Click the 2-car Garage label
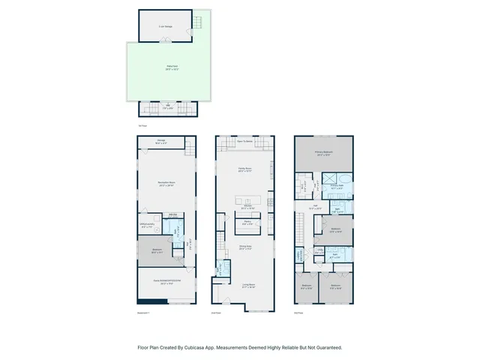[161, 26]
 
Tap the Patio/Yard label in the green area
[172, 68]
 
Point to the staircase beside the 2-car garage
[197, 25]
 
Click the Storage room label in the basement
[161, 142]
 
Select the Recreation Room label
[166, 184]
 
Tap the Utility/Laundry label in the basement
[147, 223]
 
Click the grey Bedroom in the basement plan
[156, 251]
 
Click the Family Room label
[244, 170]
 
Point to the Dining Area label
[244, 247]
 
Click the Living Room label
[244, 285]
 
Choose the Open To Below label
[244, 141]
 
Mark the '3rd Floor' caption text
[298, 312]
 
